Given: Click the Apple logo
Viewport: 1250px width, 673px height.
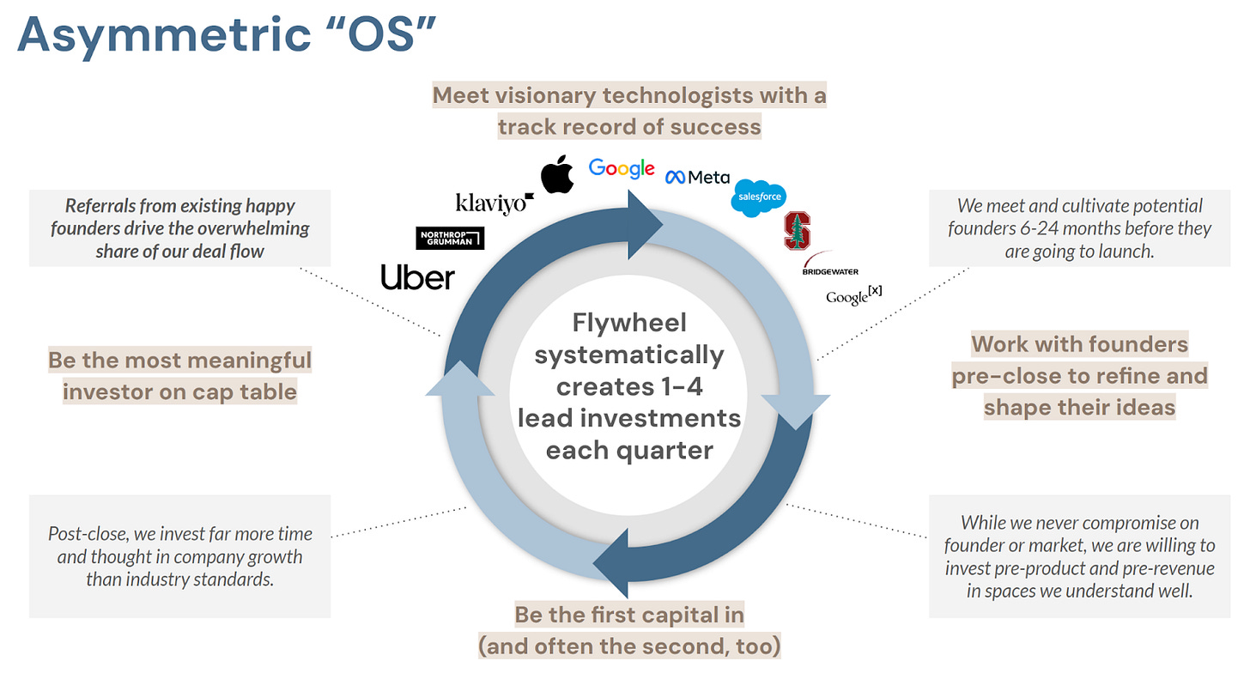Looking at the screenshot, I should tap(557, 174).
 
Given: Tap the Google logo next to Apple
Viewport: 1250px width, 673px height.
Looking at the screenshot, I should tap(622, 168).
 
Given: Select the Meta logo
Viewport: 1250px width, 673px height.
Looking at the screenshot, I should tap(697, 177).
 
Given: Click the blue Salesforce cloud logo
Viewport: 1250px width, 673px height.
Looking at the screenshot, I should tap(758, 197).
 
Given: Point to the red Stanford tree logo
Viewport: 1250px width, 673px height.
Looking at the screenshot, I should tap(797, 230).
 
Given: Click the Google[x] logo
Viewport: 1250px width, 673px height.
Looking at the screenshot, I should tap(853, 295).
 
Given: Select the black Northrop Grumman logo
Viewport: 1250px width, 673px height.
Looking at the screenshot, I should tap(450, 238).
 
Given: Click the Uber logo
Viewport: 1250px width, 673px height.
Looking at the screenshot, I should tap(417, 276).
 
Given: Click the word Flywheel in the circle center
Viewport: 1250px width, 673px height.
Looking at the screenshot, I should tap(629, 323).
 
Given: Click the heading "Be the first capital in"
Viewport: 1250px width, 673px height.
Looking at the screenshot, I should tap(629, 615).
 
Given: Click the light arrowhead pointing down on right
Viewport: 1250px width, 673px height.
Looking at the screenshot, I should tap(796, 409).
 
